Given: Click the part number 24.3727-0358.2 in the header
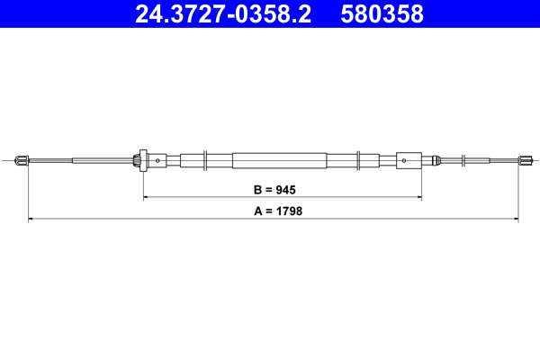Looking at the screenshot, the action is tap(223, 14).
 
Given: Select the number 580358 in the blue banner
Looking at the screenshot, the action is tap(382, 14).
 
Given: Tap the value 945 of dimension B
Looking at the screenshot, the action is tap(284, 190).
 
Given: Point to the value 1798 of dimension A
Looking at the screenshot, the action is tap(289, 211).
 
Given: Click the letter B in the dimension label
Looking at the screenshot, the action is tap(257, 190).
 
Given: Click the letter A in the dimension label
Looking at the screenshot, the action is tap(258, 211).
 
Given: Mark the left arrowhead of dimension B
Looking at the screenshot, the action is tap(146, 197).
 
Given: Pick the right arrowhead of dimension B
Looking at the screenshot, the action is tap(418, 197).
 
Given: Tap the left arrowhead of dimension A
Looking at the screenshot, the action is tap(31, 219).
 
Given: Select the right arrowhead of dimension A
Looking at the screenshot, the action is tap(516, 219).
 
